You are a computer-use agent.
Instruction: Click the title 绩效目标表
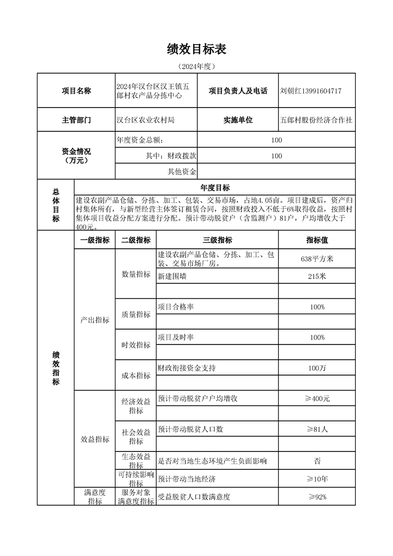click(x=197, y=49)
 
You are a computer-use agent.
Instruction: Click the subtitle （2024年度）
click(x=197, y=66)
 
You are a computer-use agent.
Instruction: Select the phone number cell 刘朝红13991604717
click(x=310, y=91)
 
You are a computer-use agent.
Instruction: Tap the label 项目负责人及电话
click(x=238, y=91)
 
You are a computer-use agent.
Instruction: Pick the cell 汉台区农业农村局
click(x=146, y=120)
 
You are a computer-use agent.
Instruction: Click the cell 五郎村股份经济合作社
click(x=316, y=120)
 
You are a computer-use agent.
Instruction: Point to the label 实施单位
click(x=238, y=120)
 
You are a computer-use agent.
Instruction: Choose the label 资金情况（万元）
click(x=76, y=156)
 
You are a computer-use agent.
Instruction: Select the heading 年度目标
click(x=215, y=188)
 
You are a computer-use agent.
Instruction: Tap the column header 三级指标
click(x=217, y=240)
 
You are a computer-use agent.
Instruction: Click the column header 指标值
click(x=317, y=240)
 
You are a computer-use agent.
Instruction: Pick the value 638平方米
click(x=317, y=259)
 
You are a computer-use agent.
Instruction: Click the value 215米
click(x=317, y=277)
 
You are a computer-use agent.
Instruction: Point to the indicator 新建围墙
click(x=172, y=277)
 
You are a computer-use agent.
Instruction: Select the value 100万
click(x=317, y=368)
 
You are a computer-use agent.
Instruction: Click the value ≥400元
click(x=317, y=398)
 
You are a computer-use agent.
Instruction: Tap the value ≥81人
click(x=317, y=429)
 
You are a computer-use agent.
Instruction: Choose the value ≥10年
click(x=317, y=479)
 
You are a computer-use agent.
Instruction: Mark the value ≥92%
click(x=317, y=497)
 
